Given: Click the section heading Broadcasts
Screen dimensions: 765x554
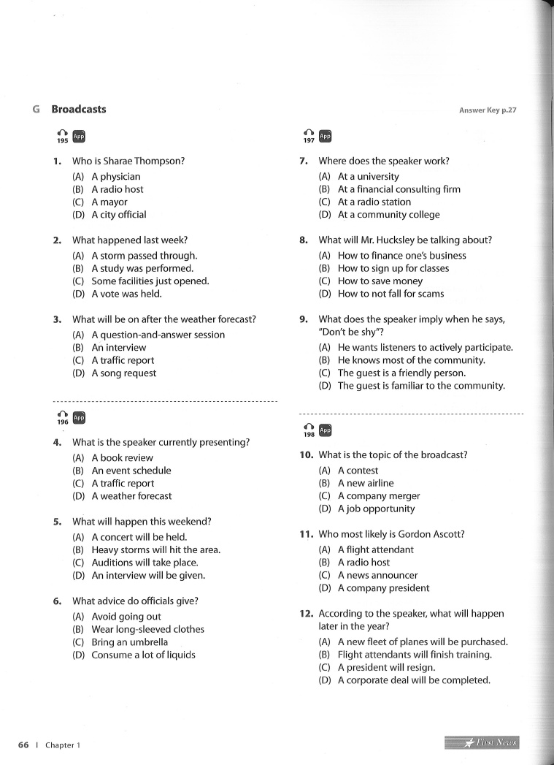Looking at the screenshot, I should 78,110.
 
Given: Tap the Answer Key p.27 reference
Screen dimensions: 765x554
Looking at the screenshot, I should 488,110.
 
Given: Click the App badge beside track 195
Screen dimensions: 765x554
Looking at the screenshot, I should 79,136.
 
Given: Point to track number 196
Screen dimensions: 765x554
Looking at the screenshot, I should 63,422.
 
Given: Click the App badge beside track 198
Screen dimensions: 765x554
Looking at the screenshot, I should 326,430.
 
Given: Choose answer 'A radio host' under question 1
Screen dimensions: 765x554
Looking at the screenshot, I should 117,189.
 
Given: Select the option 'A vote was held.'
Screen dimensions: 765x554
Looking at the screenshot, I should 126,294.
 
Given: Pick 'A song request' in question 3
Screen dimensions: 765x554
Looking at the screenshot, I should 123,373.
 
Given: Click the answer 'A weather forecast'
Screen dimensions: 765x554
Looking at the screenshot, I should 131,496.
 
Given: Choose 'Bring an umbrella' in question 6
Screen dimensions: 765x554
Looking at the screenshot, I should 129,642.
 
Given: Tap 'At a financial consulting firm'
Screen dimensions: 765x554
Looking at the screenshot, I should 399,189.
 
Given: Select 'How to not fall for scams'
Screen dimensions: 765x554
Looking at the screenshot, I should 391,294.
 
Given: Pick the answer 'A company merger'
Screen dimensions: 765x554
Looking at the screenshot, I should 379,496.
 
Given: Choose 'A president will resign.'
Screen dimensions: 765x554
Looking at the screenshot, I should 386,668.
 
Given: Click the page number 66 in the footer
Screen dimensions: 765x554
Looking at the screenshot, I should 23,745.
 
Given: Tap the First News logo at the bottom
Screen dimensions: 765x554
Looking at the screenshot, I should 482,743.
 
